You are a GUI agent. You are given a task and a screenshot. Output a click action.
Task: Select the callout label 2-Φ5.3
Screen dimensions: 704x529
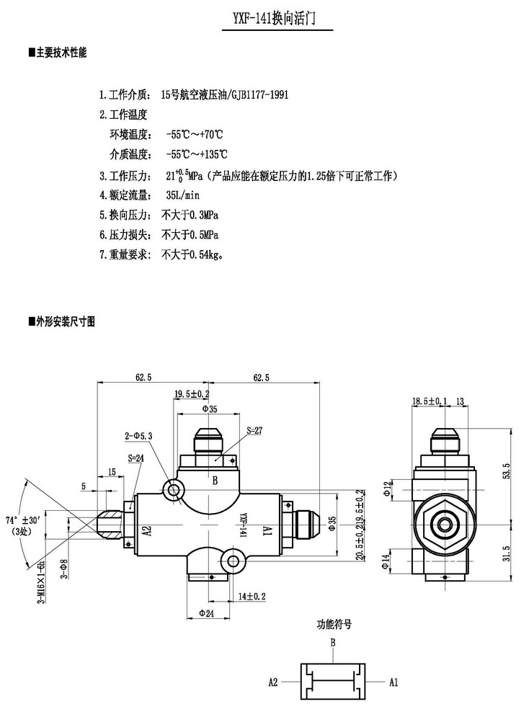tap(139, 436)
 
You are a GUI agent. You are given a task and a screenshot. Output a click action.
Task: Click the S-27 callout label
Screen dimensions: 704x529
tap(254, 430)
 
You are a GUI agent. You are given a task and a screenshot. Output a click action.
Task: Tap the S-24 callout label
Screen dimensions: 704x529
tap(135, 458)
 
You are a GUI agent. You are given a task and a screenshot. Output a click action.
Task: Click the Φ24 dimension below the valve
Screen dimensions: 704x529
tap(208, 614)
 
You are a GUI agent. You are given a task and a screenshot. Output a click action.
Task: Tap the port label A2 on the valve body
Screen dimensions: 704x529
tap(146, 532)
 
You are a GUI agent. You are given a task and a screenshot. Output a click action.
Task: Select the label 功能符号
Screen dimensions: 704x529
tap(333, 624)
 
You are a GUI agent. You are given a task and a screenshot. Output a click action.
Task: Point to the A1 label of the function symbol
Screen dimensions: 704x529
tap(394, 681)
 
